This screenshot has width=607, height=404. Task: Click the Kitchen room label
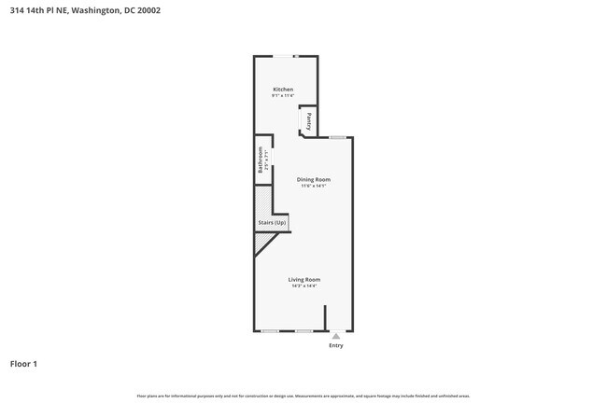tap(283, 89)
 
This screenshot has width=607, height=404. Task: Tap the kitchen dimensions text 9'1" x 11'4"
tap(283, 95)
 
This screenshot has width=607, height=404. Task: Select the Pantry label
tap(309, 120)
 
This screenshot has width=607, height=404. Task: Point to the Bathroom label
tap(261, 161)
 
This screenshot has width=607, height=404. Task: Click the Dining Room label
tap(314, 179)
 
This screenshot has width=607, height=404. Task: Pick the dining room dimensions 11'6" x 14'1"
tap(314, 186)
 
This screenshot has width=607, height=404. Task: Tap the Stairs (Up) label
tap(272, 223)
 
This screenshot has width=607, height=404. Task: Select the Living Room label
tap(304, 279)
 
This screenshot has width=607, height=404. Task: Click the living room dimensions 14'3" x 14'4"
tap(304, 286)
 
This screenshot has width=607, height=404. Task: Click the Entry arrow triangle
tap(336, 336)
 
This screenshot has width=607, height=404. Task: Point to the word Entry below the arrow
tap(336, 345)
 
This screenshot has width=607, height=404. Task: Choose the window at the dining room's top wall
tap(338, 138)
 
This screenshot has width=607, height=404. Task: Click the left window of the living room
tap(270, 331)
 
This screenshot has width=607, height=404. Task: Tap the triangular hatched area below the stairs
tap(261, 243)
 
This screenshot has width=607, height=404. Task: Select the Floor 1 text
tap(23, 363)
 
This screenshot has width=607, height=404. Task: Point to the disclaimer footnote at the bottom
tap(303, 396)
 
